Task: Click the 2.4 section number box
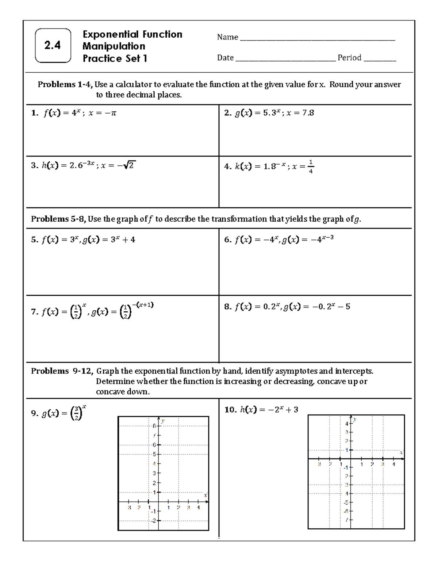(x=53, y=46)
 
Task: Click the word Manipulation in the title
(x=114, y=46)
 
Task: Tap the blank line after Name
(x=317, y=38)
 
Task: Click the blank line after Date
(x=285, y=58)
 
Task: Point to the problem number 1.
(x=34, y=113)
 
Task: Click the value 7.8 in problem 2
(x=308, y=113)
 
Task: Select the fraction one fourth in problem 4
(x=310, y=166)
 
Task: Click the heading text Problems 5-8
(x=58, y=219)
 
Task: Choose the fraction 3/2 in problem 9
(x=76, y=414)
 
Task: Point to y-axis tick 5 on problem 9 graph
(x=154, y=455)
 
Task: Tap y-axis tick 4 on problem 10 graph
(x=347, y=424)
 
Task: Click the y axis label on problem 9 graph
(x=163, y=421)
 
